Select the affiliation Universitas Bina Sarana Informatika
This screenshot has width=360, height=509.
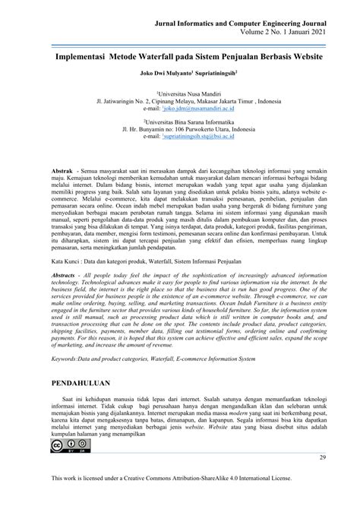click(x=179, y=122)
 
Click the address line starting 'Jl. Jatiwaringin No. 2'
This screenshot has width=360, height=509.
click(x=179, y=100)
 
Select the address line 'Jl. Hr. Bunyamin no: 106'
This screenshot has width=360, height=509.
click(x=179, y=129)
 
